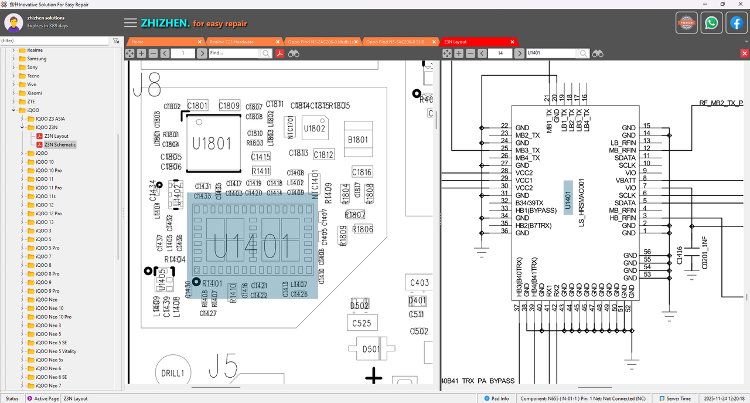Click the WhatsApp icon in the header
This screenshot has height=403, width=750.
(711, 23)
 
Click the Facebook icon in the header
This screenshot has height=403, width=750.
(736, 23)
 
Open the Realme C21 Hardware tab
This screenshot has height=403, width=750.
(240, 42)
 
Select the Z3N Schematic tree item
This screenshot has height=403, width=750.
(60, 144)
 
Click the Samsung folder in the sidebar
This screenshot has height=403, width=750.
(36, 59)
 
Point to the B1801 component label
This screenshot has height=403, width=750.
(358, 140)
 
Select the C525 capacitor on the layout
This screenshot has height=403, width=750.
(362, 323)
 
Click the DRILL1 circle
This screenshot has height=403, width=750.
(173, 373)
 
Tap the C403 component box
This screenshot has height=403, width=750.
(420, 283)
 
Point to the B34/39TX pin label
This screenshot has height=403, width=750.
(529, 203)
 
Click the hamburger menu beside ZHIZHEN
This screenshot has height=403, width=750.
(131, 23)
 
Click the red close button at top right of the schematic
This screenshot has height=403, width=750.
(744, 53)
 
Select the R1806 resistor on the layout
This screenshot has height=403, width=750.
(362, 229)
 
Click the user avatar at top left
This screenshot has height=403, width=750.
(13, 23)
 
